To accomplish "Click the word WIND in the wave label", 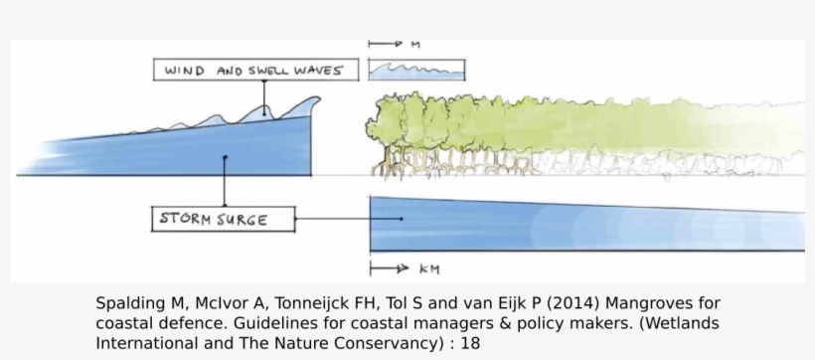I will [184, 71].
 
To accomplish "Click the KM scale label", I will [429, 269].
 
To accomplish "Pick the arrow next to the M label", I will [384, 45].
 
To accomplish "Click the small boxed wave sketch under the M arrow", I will [416, 70].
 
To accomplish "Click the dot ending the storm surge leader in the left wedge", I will [226, 156].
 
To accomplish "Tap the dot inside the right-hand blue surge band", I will [402, 219].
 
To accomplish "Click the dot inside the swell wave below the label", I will [264, 112].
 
